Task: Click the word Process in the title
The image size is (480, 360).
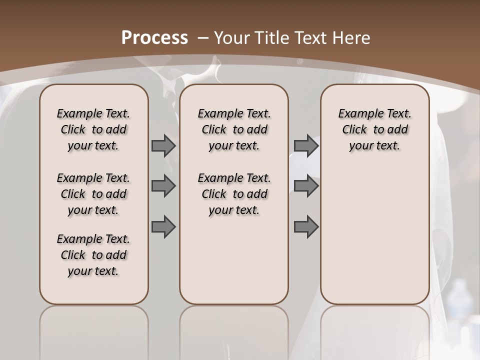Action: [155, 38]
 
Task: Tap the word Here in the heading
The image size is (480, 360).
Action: [351, 38]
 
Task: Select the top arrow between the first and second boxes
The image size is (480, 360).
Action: [163, 146]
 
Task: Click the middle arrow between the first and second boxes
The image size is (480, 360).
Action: [163, 186]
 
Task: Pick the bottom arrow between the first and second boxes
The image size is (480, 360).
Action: [163, 226]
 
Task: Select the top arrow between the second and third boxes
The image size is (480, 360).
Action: [306, 146]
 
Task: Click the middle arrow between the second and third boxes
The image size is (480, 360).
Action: [306, 186]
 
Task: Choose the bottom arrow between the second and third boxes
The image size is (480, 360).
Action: [306, 226]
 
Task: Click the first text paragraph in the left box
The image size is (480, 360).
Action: [93, 129]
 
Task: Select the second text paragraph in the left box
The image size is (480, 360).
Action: [93, 194]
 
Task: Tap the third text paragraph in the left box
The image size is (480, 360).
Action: [93, 255]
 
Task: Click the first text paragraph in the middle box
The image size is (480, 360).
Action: [234, 129]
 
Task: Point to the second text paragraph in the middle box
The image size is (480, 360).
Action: [234, 194]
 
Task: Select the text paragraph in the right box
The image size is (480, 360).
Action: [374, 129]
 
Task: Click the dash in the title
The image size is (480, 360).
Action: [202, 38]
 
